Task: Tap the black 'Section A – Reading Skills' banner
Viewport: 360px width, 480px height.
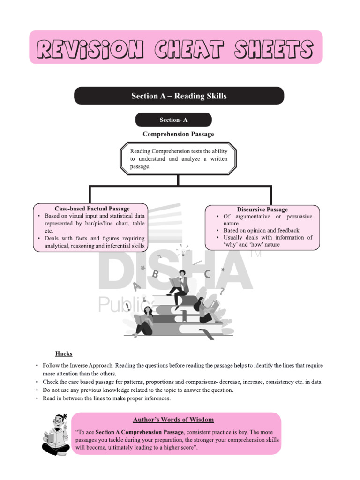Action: [179, 96]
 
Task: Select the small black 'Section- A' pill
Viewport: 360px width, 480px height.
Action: [173, 120]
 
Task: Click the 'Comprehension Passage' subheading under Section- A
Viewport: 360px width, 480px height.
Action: [178, 134]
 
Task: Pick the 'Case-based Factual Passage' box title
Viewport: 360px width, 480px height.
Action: [92, 209]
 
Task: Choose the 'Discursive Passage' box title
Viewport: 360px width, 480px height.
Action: [262, 210]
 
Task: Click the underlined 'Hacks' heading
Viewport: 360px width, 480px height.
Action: [64, 354]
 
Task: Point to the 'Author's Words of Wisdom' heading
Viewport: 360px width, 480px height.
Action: [174, 420]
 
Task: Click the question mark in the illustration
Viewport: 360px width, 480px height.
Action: [222, 291]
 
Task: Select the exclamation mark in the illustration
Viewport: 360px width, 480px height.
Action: [127, 306]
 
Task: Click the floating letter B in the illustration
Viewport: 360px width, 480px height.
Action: [155, 274]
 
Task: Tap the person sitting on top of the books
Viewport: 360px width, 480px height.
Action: [178, 286]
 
